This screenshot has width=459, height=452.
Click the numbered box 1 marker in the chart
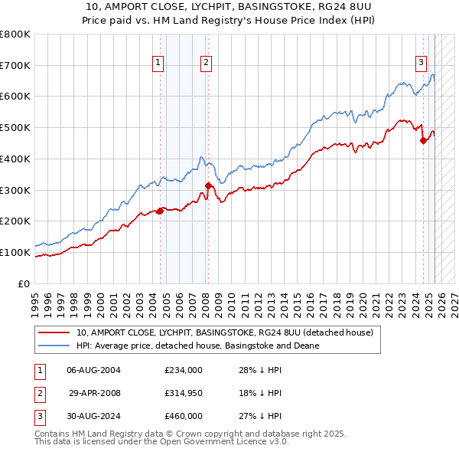[x=158, y=64]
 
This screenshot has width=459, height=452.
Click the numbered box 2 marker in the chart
[x=207, y=64]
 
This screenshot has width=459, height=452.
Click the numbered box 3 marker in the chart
[x=421, y=64]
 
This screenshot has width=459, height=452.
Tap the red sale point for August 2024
[x=423, y=139]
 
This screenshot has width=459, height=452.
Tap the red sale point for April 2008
[x=208, y=185]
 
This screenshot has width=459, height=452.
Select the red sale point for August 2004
[x=160, y=211]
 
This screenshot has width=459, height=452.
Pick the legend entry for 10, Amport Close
[x=224, y=332]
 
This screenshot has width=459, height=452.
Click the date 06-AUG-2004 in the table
[x=93, y=370]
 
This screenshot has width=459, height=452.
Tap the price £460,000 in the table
[x=184, y=418]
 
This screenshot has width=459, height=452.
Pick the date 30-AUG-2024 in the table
[x=93, y=418]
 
